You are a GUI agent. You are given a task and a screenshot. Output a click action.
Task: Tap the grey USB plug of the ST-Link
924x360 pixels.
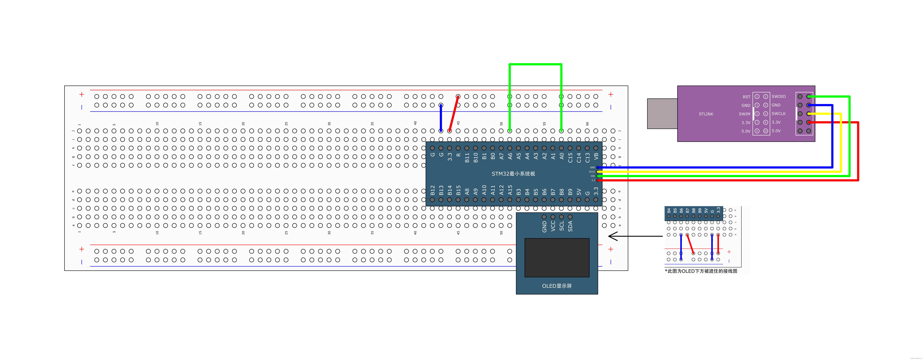point(662,114)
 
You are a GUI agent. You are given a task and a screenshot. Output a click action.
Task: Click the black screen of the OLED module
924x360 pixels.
point(557,257)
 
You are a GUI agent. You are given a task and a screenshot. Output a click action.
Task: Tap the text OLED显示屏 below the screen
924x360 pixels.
point(557,286)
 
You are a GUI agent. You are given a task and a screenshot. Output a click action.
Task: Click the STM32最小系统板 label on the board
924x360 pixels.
point(513,173)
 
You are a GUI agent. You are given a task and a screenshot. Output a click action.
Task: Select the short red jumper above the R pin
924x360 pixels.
point(454,114)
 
